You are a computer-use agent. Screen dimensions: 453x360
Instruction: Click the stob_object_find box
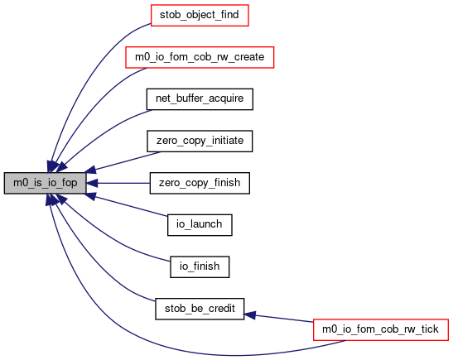[x=200, y=15]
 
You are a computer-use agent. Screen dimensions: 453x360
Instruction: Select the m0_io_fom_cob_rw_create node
[x=200, y=57]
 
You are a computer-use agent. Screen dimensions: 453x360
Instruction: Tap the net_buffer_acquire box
[x=200, y=99]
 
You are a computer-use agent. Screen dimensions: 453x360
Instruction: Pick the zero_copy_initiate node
[x=200, y=142]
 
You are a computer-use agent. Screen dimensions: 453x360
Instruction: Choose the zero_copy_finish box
[x=200, y=183]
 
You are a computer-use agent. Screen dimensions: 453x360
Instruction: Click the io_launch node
[x=200, y=225]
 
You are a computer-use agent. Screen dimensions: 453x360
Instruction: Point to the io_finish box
[x=200, y=266]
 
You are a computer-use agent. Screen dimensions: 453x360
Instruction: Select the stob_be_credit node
[x=200, y=309]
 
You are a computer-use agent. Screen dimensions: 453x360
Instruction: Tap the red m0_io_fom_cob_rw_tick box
[x=380, y=329]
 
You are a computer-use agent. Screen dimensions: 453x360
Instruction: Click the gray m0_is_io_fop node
[x=45, y=183]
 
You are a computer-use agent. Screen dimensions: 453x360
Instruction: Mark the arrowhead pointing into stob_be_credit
[x=249, y=315]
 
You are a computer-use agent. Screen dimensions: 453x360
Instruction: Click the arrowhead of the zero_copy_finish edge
[x=92, y=183]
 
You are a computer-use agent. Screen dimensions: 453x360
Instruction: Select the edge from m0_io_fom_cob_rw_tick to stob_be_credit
[x=279, y=318]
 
